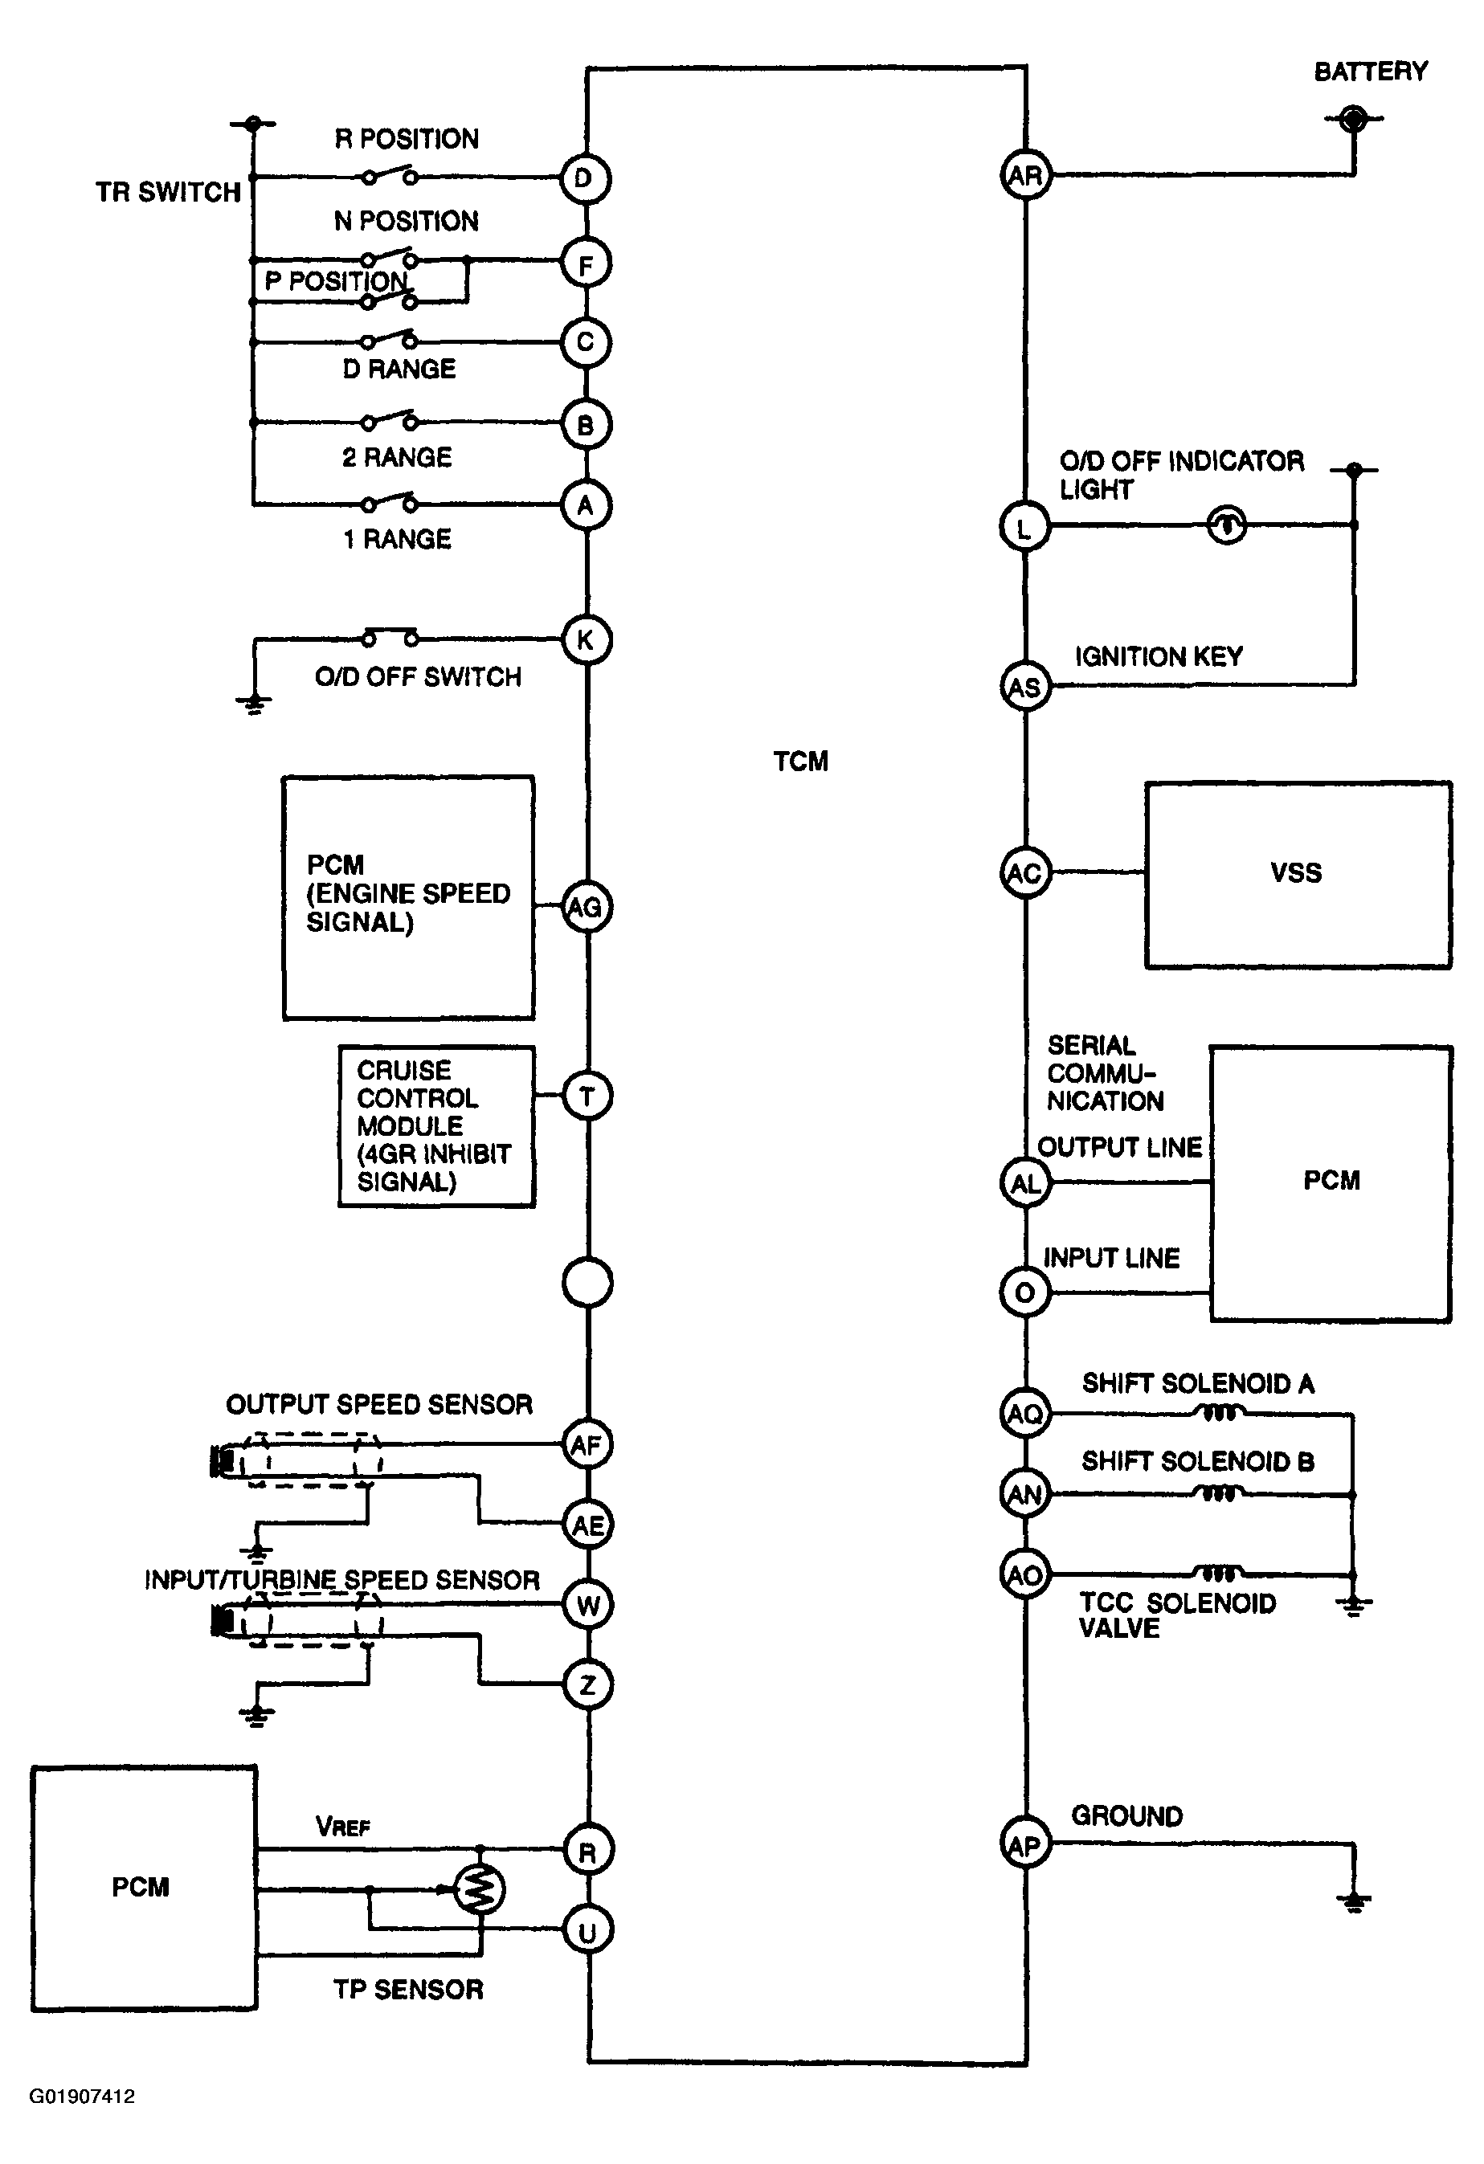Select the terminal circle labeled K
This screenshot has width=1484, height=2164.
[587, 639]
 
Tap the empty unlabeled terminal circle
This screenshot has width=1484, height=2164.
[587, 1283]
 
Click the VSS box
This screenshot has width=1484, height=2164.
[1298, 874]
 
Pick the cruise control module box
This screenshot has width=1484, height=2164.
[436, 1127]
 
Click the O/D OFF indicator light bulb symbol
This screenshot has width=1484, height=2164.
[1226, 525]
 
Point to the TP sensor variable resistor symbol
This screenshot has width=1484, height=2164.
[479, 1890]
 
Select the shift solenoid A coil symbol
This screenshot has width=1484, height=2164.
[1219, 1413]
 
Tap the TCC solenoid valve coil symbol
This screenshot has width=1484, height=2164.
[1219, 1573]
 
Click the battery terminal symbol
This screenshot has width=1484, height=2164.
[1354, 118]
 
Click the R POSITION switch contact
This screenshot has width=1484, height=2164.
[390, 174]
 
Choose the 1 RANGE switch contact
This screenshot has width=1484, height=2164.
[390, 503]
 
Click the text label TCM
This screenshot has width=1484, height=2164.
[800, 761]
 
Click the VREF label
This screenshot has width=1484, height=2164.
[343, 1827]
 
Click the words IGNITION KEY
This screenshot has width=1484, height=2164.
[1159, 656]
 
